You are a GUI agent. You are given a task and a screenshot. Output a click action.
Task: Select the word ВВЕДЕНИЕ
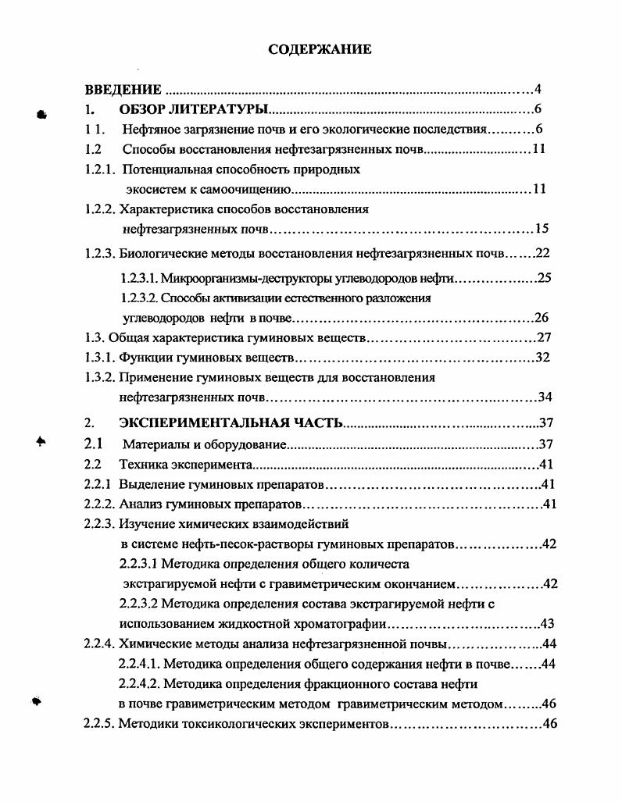point(123,90)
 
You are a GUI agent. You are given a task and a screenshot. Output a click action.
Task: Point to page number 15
point(542,229)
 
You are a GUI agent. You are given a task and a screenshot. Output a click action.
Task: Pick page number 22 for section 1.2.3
point(544,253)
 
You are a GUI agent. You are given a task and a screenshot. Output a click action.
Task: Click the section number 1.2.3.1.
point(139,278)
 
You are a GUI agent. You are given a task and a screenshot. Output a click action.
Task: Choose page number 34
point(545,397)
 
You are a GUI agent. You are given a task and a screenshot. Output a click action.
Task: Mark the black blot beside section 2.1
point(41,442)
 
